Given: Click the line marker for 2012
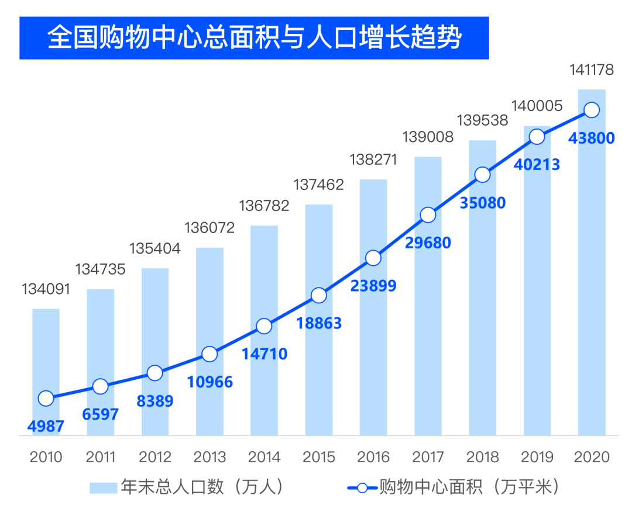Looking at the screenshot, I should click(155, 373).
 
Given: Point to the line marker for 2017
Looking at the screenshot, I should click(428, 215).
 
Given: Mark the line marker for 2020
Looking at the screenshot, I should click(592, 110).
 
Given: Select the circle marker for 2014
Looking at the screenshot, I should click(265, 326).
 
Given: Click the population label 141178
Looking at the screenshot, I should click(592, 71).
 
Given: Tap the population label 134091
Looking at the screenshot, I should click(46, 289).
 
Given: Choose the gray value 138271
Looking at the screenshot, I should click(373, 160).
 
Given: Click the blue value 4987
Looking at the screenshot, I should click(45, 426).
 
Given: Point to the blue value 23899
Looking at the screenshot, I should click(373, 286).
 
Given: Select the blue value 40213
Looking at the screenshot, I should click(537, 165).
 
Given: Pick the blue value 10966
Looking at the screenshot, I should click(209, 382).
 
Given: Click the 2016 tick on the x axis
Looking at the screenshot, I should click(373, 457).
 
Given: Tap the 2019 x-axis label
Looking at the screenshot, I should click(537, 457).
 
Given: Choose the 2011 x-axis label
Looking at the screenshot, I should click(101, 457).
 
